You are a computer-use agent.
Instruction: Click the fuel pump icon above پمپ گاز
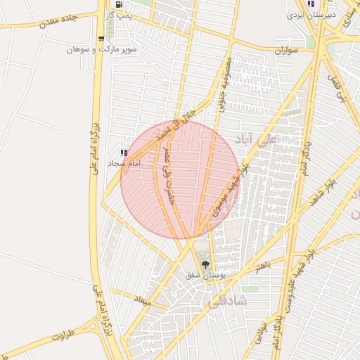(127, 4)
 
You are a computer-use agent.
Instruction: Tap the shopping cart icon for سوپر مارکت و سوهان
(102, 39)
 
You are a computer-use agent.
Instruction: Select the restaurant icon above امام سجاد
(124, 153)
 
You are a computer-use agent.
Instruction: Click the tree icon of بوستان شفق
(205, 265)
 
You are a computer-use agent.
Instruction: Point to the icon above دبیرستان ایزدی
(311, 4)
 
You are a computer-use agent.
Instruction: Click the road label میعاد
(143, 300)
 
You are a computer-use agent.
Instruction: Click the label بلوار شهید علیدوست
(290, 295)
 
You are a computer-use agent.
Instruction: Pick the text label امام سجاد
(124, 163)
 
